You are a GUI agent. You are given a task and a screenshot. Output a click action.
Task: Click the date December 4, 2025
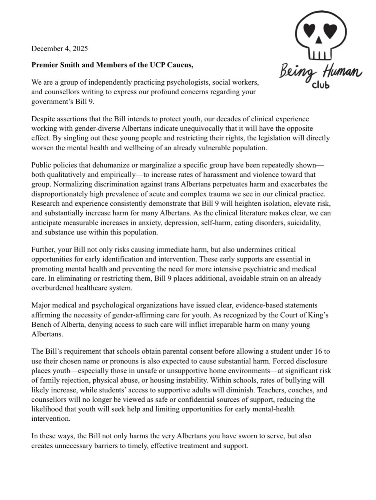(x=59, y=49)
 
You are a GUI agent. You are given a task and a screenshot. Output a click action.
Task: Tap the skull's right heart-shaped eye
(x=330, y=30)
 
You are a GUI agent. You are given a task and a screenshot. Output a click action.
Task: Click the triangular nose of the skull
(x=319, y=40)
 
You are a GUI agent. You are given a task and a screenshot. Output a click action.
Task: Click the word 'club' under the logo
(x=321, y=85)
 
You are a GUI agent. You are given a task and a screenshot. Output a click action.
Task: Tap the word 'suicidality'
(x=303, y=223)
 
